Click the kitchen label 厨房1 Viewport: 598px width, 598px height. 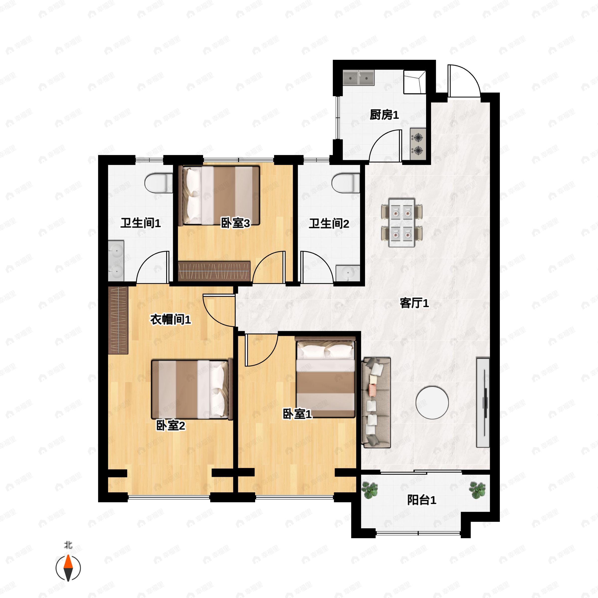pos(384,115)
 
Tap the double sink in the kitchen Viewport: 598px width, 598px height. pos(359,78)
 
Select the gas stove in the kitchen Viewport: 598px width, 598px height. pos(418,144)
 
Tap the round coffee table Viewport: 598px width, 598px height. pos(432,403)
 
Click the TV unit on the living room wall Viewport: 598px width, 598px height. pos(483,403)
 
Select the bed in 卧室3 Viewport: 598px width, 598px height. pos(220,195)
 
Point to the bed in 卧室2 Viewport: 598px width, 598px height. pos(192,389)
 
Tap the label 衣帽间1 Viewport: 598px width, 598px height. pos(170,319)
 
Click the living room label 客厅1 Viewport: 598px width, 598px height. pos(414,303)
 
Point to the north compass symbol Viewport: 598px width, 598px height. pos(68,568)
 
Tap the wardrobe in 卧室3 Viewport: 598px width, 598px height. pos(214,271)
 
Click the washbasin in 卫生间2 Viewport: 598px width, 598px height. pos(348,273)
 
